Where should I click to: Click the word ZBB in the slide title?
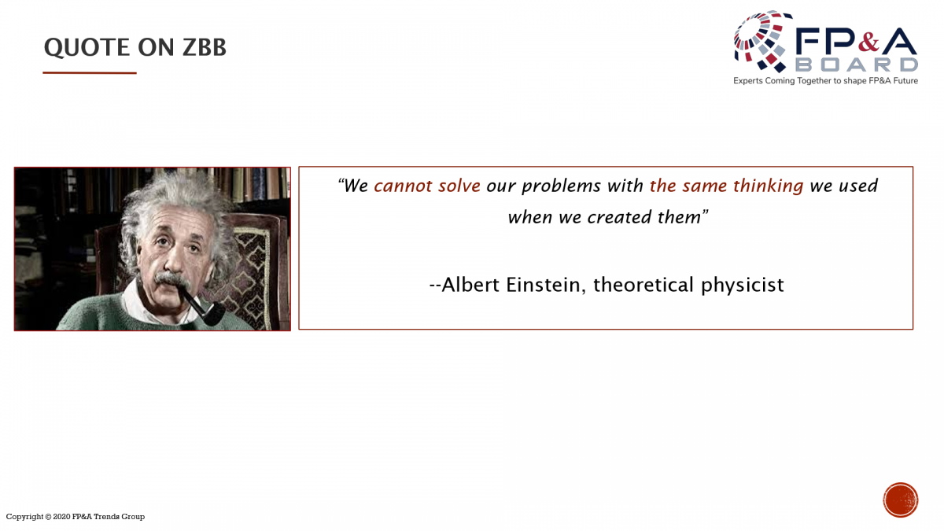(205, 46)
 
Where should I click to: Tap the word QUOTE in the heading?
(87, 48)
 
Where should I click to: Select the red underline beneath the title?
(90, 73)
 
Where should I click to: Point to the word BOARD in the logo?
(857, 65)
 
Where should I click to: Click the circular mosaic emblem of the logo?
(761, 41)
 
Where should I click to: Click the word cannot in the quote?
(403, 186)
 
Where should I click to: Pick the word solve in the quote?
(459, 186)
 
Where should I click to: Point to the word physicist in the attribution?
(742, 286)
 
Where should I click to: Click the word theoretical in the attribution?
(643, 285)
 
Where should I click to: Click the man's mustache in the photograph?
(171, 279)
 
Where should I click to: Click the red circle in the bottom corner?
(901, 500)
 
